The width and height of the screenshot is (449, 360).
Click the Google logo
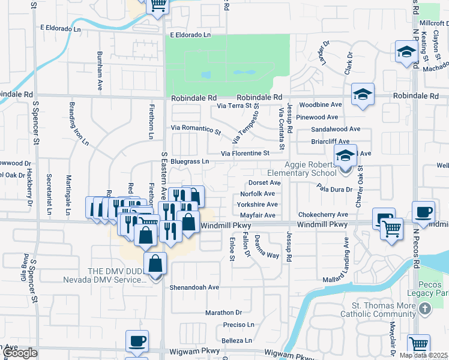coord(20,353)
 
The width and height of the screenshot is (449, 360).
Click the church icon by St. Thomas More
coord(425,308)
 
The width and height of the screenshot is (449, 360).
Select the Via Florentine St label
coord(245,154)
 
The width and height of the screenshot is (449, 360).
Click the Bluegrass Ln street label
coord(190,161)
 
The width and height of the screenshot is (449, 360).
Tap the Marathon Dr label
coord(223,313)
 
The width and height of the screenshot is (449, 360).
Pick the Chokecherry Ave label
coord(324,215)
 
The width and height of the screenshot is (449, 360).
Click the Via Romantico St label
coord(196,129)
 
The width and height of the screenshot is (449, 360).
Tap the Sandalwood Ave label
coord(336,129)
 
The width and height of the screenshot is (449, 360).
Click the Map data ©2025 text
coord(424,355)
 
